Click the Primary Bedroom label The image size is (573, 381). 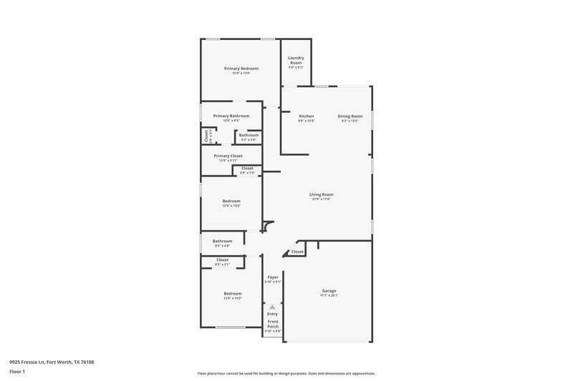click(x=241, y=68)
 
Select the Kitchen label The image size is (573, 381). click(x=307, y=116)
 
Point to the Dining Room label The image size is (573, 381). click(x=350, y=116)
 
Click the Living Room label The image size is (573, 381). click(x=321, y=194)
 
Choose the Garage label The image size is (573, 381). click(x=329, y=291)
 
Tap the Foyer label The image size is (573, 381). click(x=273, y=277)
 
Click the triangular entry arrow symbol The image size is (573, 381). click(x=272, y=306)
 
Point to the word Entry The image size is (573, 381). click(x=273, y=314)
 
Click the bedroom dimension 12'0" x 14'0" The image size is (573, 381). click(x=232, y=298)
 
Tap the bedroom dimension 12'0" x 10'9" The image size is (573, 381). click(x=231, y=206)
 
